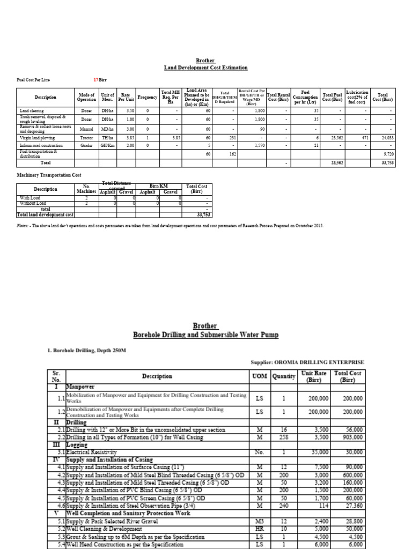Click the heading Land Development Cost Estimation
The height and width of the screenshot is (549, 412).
point(205,68)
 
